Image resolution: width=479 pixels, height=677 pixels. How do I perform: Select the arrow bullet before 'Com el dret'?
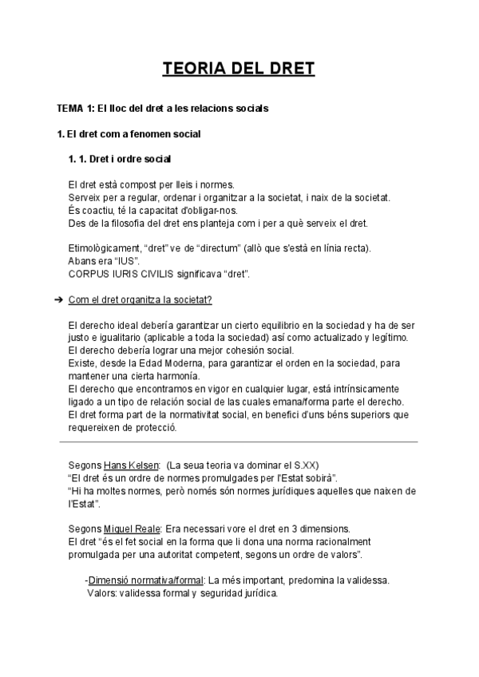pyautogui.click(x=59, y=299)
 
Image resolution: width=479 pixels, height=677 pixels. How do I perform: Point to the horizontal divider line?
pyautogui.click(x=239, y=441)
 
